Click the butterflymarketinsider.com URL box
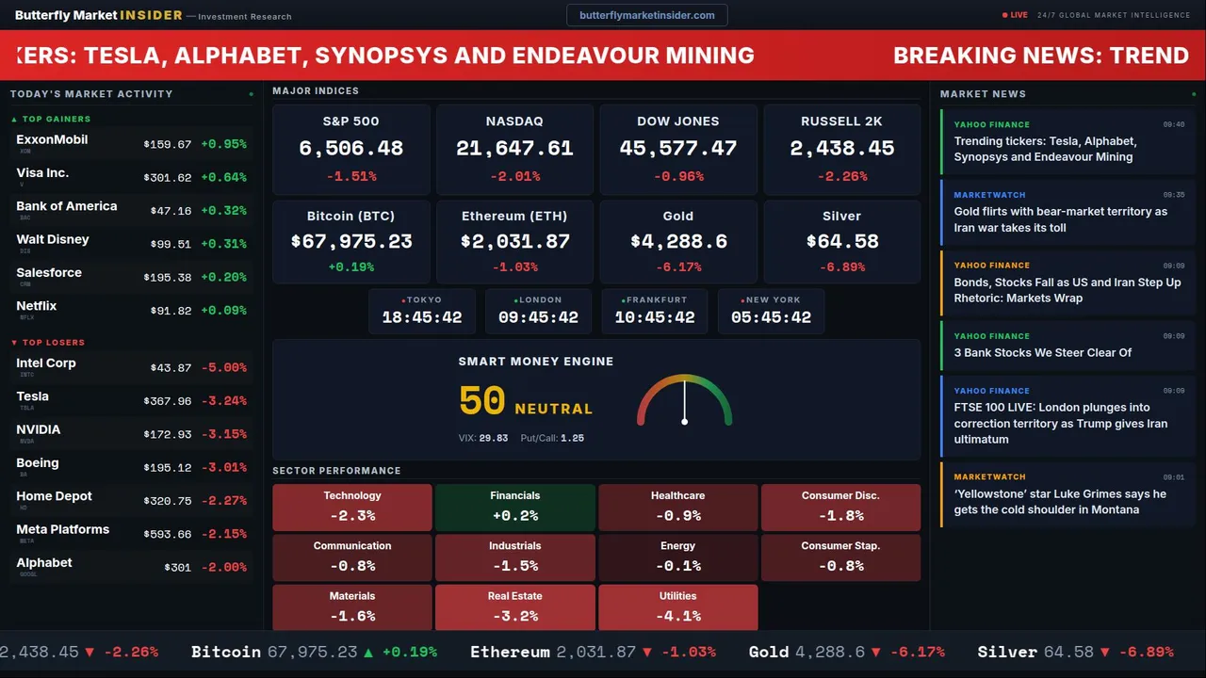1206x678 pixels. click(x=646, y=15)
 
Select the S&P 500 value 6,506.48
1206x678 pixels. click(x=350, y=149)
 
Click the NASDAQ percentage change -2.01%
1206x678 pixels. click(x=514, y=176)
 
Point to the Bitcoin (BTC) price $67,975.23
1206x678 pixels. click(x=350, y=242)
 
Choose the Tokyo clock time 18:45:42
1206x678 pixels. click(x=421, y=317)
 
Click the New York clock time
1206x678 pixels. click(x=771, y=317)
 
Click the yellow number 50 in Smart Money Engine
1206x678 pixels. click(x=481, y=401)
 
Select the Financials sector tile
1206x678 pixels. click(x=514, y=507)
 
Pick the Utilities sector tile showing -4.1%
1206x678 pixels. click(x=677, y=607)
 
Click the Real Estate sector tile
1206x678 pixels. click(x=514, y=607)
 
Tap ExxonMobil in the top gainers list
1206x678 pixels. click(x=52, y=139)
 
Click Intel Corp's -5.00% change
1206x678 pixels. click(x=223, y=368)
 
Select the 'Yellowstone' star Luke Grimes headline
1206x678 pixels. click(x=1060, y=502)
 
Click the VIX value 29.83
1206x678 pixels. click(x=493, y=438)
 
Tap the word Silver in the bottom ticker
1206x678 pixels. click(x=1007, y=652)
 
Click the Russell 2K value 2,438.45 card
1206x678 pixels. click(x=841, y=149)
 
